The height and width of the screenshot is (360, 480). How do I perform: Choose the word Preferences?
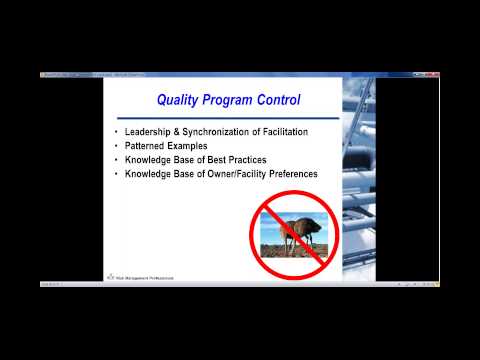[291, 174]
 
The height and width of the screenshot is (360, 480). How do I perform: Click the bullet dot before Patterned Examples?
[118, 147]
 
